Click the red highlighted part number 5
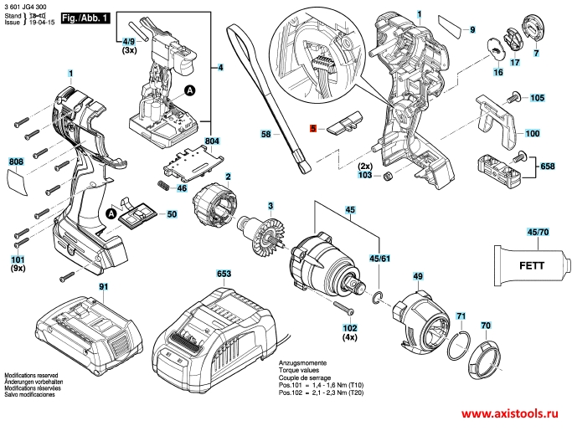point(312,129)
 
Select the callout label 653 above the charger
point(224,274)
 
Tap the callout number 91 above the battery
point(104,287)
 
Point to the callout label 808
point(17,162)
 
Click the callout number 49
point(417,275)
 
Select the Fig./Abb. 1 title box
point(86,18)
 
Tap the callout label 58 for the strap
point(265,134)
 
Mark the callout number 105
point(537,98)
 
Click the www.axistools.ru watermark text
point(508,414)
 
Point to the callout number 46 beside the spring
point(182,188)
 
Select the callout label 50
point(172,215)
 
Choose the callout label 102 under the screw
point(349,327)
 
